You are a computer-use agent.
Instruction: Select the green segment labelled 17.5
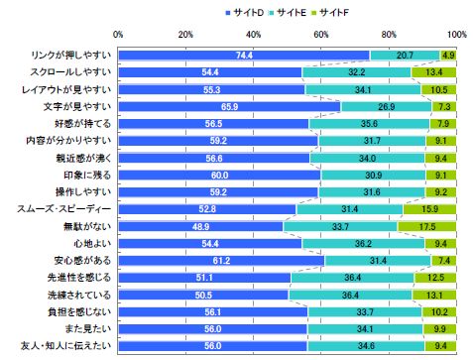coord(432,225)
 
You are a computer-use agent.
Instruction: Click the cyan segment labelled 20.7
coord(405,56)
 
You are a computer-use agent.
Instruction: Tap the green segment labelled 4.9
coord(448,56)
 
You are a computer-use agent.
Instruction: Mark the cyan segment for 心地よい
coord(365,242)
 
